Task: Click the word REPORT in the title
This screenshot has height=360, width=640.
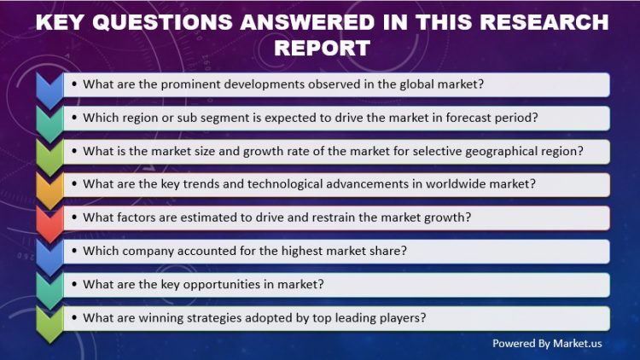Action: (321, 47)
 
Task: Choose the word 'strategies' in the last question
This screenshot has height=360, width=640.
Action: (217, 317)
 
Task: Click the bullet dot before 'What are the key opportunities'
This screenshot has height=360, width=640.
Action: (75, 284)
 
